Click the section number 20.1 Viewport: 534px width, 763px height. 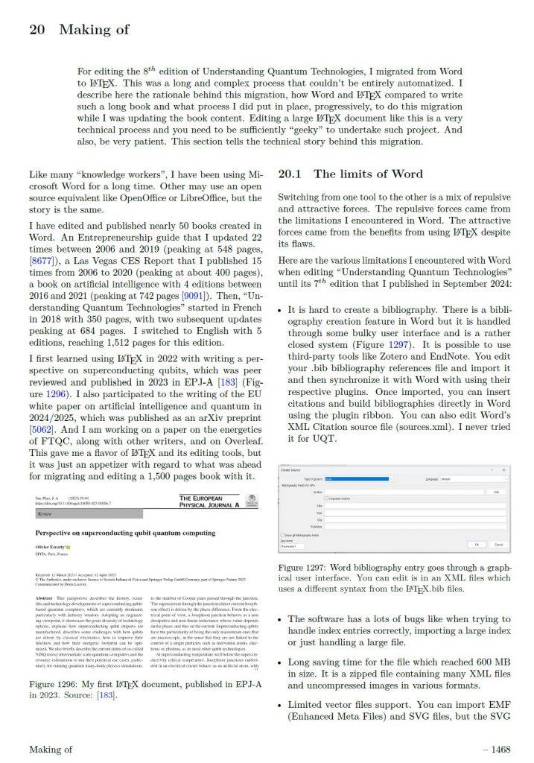290,174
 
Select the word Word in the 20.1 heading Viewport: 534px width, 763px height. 407,174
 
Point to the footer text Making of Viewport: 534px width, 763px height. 51,749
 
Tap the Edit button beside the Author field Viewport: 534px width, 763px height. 496,492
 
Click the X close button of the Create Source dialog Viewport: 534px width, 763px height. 505,469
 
